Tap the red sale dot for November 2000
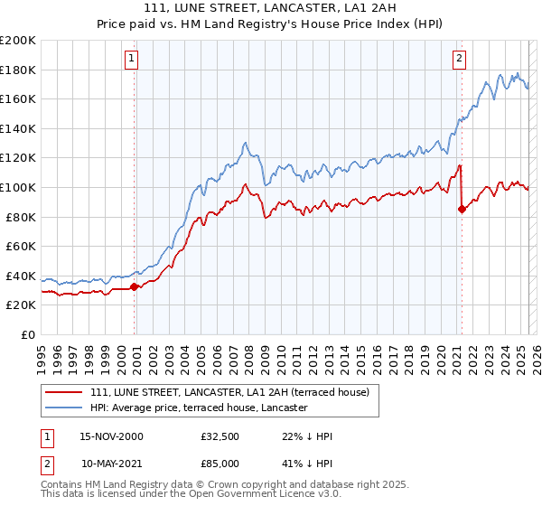[135, 286]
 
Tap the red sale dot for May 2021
[462, 209]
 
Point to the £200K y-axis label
[18, 41]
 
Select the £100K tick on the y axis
[18, 187]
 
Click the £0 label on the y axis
[28, 334]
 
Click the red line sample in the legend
[65, 392]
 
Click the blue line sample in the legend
[65, 408]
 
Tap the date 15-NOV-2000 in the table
[111, 436]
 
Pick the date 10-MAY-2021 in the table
[111, 464]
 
